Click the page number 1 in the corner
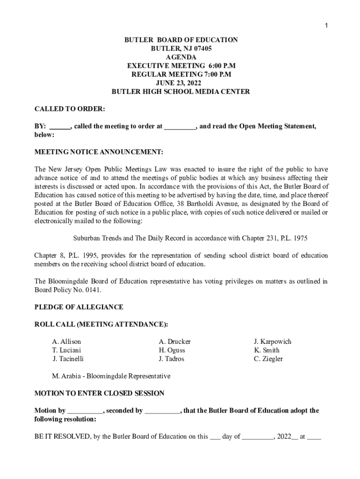(x=327, y=25)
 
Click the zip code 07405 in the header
(x=201, y=49)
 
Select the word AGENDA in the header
(x=180, y=57)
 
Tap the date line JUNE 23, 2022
(x=180, y=83)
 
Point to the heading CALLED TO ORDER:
(x=70, y=109)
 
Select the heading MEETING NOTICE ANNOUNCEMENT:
(x=99, y=152)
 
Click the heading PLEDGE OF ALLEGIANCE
(x=79, y=307)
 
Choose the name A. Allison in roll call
(x=66, y=342)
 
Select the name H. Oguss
(x=172, y=350)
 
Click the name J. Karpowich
(x=272, y=342)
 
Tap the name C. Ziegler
(x=268, y=359)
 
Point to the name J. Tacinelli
(x=68, y=359)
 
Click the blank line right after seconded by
(x=162, y=411)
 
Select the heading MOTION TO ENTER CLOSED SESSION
(x=99, y=393)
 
